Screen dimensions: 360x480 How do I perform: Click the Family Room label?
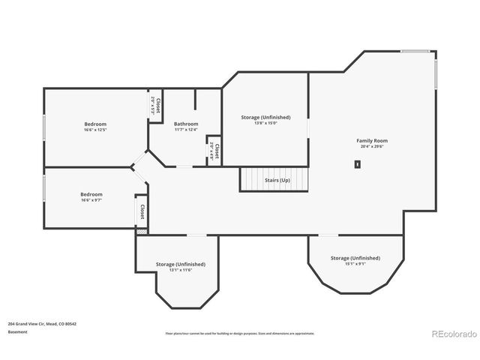(371, 140)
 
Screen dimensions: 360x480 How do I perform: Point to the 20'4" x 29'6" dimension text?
(371, 147)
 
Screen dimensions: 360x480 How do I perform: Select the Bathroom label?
(186, 124)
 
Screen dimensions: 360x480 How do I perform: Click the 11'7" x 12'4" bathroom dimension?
(186, 130)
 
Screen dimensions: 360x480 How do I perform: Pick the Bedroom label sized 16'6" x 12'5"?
(95, 124)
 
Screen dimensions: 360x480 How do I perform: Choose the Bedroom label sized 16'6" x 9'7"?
(91, 194)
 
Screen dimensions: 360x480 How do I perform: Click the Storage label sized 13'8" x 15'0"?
(265, 117)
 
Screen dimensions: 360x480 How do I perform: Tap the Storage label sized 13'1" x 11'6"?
(180, 264)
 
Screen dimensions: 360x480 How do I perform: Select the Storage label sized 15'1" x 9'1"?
(355, 258)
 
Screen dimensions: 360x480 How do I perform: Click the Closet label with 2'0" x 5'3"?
(154, 105)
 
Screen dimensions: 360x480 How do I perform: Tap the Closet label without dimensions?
(141, 211)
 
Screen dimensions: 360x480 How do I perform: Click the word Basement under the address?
(17, 331)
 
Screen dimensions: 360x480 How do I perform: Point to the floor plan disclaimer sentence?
(240, 333)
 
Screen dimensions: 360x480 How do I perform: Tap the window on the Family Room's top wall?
(415, 51)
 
